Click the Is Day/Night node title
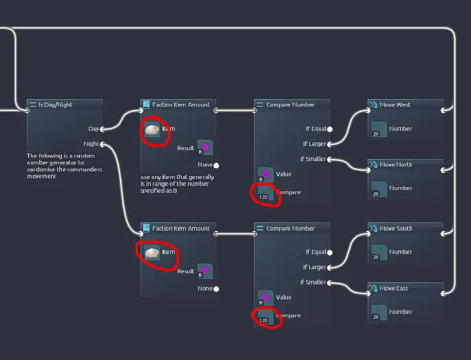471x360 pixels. coord(55,105)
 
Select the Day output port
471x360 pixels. coord(102,129)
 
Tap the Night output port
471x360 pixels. coord(102,145)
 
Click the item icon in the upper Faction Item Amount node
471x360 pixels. coord(152,129)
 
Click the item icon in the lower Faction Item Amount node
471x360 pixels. coord(152,253)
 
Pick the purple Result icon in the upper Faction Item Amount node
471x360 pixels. coord(205,147)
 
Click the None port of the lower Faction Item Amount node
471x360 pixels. coord(216,289)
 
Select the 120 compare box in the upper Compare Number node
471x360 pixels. coord(266,193)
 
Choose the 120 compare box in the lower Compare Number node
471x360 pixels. coord(266,316)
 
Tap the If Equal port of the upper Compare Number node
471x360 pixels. coord(330,129)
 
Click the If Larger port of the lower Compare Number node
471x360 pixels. coord(330,268)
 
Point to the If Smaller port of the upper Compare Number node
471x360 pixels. coord(330,159)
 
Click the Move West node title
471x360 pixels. coord(395,105)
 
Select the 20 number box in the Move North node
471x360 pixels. coord(379,189)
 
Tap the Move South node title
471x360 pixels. coord(396,229)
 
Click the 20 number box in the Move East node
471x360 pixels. coord(379,313)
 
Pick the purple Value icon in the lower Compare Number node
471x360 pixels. coord(266,298)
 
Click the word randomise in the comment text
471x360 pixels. coord(41,169)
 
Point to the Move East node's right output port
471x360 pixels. coord(443,294)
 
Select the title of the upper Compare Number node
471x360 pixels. coord(290,105)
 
